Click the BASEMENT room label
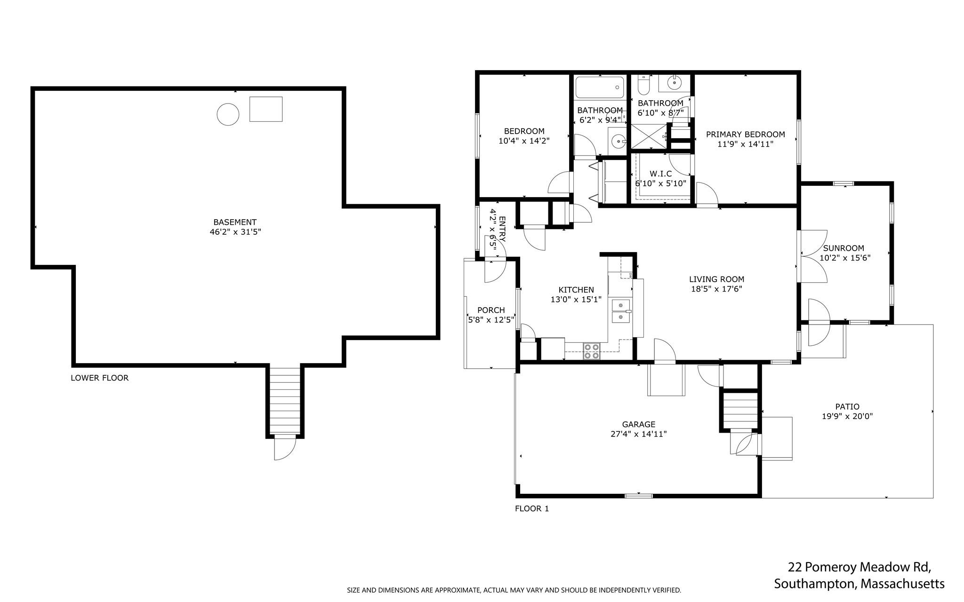pyautogui.click(x=235, y=222)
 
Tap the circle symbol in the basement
pyautogui.click(x=228, y=114)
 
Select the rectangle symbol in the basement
pyautogui.click(x=266, y=109)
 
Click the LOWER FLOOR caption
pyautogui.click(x=99, y=378)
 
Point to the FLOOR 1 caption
pyautogui.click(x=532, y=508)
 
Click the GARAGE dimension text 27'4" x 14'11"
pyautogui.click(x=639, y=434)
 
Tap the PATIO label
pyautogui.click(x=847, y=407)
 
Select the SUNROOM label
pyautogui.click(x=843, y=248)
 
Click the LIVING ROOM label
pyautogui.click(x=717, y=279)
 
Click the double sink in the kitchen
pyautogui.click(x=621, y=311)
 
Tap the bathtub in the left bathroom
pyautogui.click(x=599, y=87)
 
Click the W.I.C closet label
pyautogui.click(x=661, y=174)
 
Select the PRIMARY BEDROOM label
pyautogui.click(x=746, y=135)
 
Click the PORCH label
pyautogui.click(x=491, y=310)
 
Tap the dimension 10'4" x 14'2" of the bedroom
pyautogui.click(x=524, y=141)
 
